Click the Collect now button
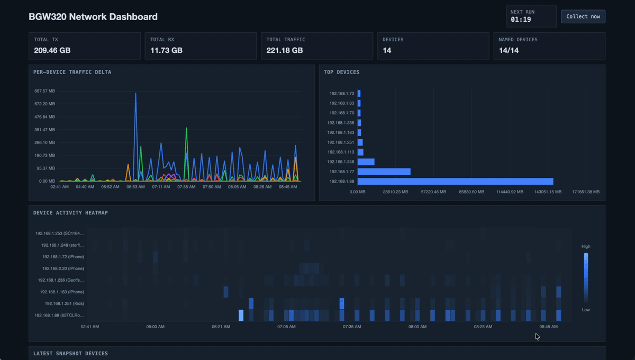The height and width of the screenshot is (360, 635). coord(583,16)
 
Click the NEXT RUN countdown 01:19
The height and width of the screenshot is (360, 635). coord(521,20)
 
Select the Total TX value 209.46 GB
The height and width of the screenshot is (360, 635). coord(52,50)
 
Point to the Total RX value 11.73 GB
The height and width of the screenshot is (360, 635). coord(166,50)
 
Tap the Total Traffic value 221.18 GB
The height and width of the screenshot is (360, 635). coord(285,50)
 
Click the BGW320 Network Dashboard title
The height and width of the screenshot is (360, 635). coord(93,17)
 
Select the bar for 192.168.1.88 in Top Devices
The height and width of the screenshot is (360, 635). coord(455,181)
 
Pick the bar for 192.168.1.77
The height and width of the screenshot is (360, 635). coord(384,172)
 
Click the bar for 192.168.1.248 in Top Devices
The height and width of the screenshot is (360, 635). coord(366,161)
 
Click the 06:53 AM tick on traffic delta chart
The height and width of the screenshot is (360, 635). coord(135,187)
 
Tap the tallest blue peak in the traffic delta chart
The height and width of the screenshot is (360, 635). coord(135,94)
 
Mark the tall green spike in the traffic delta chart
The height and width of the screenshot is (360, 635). coord(186,129)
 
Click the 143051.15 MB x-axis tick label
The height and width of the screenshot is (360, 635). coord(547,192)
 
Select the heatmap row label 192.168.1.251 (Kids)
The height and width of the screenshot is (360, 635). coord(64,303)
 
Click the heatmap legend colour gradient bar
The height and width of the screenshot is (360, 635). coord(586,278)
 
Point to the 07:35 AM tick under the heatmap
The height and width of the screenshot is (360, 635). coord(352,327)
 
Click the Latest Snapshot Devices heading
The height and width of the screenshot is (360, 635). coord(70,353)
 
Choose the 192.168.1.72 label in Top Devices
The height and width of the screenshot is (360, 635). coord(341,93)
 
